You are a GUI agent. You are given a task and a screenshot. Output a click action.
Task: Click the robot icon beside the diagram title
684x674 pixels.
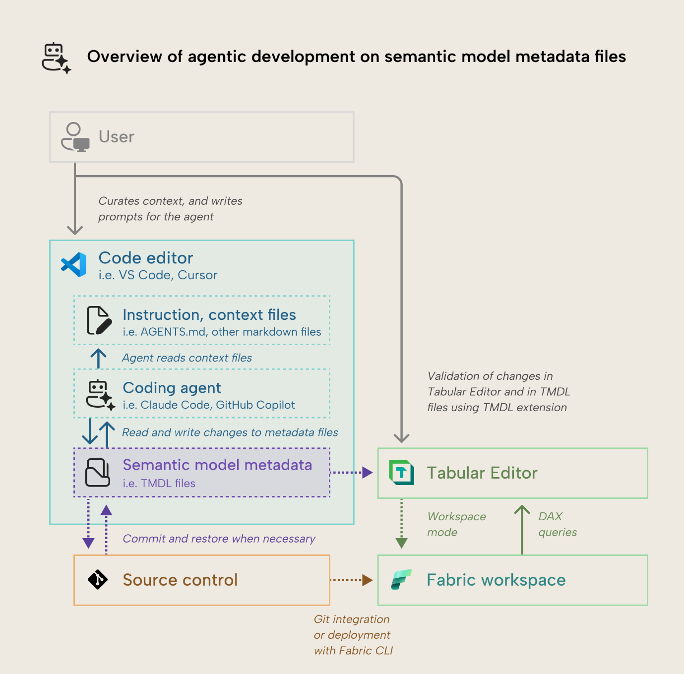tap(56, 58)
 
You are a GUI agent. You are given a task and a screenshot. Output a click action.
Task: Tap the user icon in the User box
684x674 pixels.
tap(75, 137)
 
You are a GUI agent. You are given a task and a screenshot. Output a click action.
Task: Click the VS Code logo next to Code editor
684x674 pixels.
tap(74, 264)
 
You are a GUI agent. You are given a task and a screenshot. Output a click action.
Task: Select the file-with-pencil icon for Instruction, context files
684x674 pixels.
tap(99, 320)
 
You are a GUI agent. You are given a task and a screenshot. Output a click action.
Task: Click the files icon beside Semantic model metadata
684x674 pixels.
tap(98, 472)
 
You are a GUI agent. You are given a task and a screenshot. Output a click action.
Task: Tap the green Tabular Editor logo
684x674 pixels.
tap(401, 473)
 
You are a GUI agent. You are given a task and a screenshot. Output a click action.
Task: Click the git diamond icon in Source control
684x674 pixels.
tap(98, 579)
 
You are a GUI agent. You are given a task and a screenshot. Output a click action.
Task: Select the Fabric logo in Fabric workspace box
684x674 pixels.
tap(401, 579)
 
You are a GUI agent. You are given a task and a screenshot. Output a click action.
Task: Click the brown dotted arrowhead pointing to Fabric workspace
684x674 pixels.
tap(367, 580)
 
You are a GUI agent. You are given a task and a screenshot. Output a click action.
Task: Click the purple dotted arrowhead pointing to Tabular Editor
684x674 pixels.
tap(367, 473)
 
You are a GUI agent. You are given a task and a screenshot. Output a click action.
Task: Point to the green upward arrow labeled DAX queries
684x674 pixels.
tap(522, 528)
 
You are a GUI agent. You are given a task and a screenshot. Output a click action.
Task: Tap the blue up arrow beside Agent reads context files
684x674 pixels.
tap(98, 358)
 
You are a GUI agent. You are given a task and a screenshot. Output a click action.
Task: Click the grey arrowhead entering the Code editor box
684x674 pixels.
tap(75, 230)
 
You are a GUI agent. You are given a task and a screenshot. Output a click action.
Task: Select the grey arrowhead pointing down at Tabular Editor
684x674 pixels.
tap(401, 437)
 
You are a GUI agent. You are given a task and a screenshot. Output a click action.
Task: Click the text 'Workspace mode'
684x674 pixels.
tap(456, 524)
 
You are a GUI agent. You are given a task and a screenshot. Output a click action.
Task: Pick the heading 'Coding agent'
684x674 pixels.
tap(172, 388)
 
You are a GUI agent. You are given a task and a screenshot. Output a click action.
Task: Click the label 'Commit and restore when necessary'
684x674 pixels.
tap(219, 539)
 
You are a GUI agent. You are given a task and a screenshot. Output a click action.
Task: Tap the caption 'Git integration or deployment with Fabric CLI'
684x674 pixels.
tap(353, 635)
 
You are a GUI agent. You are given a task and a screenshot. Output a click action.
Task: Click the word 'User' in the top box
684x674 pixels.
tap(116, 137)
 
